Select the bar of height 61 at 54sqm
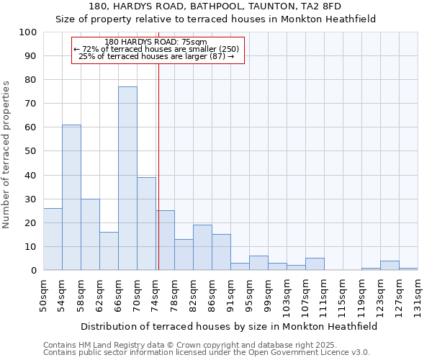pos(71,197)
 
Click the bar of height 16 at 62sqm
pos(109,251)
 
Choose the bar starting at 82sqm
pos(202,248)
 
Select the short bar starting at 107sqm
pos(315,264)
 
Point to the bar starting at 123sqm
pos(390,266)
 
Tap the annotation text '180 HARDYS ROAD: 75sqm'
pos(156,42)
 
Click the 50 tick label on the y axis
pos(31,151)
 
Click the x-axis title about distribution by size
pos(229,326)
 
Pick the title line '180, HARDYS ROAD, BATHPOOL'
pos(215,6)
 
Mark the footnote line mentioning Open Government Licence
pos(207,353)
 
